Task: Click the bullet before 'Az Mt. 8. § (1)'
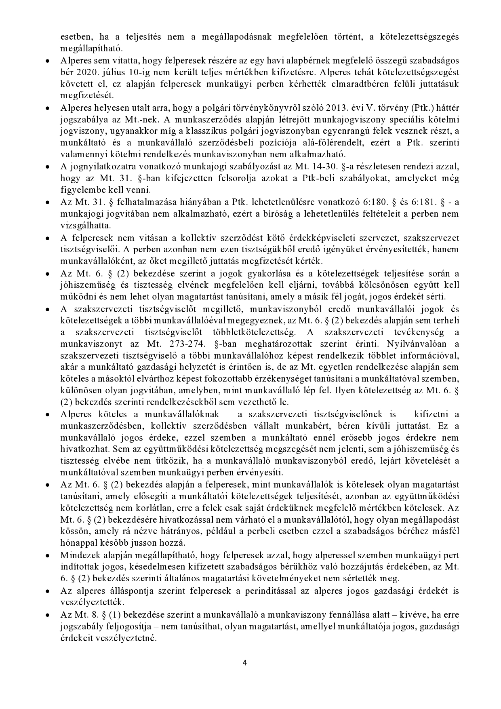point(47,614)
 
